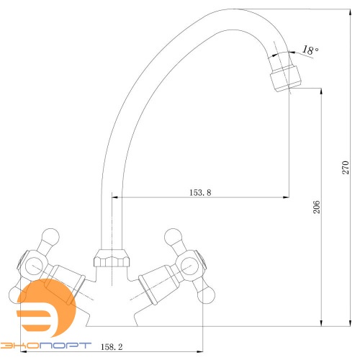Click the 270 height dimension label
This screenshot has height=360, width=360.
(x=346, y=167)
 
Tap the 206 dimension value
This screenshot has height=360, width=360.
(x=317, y=207)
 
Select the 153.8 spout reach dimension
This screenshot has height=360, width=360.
(x=200, y=192)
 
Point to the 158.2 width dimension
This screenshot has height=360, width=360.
(x=112, y=347)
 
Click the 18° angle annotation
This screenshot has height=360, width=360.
(x=310, y=50)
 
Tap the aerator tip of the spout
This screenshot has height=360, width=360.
(x=285, y=78)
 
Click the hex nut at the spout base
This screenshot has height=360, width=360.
(x=112, y=258)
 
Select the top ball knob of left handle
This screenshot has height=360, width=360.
(x=50, y=237)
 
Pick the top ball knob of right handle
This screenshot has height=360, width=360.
(x=173, y=237)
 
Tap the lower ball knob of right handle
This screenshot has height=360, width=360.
(x=206, y=295)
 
